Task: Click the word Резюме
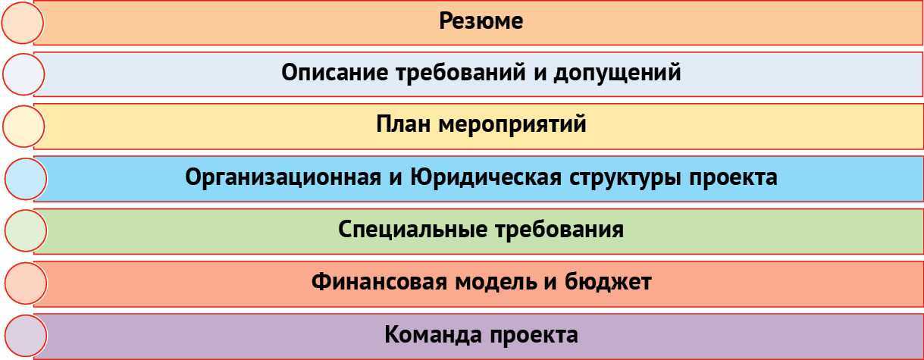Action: (x=481, y=21)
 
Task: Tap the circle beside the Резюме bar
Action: (x=22, y=23)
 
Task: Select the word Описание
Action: (x=334, y=73)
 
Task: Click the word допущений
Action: (x=617, y=74)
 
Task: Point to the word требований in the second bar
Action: (x=461, y=73)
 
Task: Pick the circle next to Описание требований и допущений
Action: (x=23, y=74)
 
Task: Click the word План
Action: (x=403, y=124)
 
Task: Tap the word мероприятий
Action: (x=512, y=124)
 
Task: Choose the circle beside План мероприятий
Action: (x=23, y=127)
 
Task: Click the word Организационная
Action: (x=283, y=178)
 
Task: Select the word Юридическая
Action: (x=486, y=178)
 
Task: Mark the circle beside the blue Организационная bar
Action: (x=26, y=179)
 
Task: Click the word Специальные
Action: (x=412, y=230)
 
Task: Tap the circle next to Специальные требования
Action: (x=26, y=231)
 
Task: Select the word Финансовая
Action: (x=380, y=282)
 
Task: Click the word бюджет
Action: (x=608, y=282)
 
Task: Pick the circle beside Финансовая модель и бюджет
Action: (x=26, y=283)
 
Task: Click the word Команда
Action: (x=433, y=335)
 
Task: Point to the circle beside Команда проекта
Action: (x=26, y=336)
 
